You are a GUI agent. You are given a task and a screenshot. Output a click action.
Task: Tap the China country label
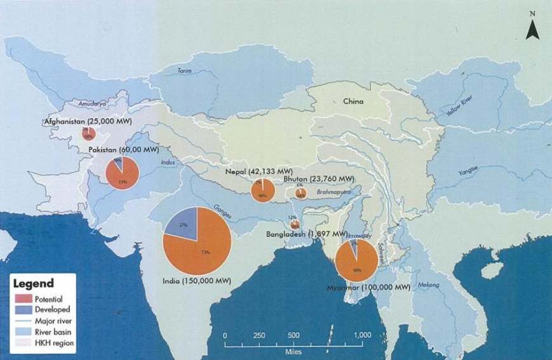[353, 101]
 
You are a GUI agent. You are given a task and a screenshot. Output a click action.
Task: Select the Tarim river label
[184, 71]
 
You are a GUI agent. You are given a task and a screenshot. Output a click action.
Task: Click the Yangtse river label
[468, 171]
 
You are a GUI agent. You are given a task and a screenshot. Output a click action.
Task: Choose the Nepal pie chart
[262, 190]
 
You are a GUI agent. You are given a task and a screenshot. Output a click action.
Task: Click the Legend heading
[34, 284]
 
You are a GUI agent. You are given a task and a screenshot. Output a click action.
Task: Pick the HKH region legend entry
[54, 343]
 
